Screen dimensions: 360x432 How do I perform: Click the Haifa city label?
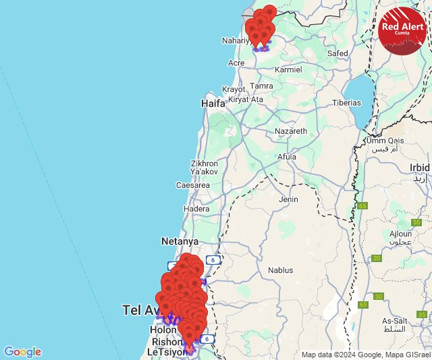(213, 104)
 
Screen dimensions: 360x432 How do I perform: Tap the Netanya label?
(180, 241)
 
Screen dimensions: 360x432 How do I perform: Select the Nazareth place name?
(291, 131)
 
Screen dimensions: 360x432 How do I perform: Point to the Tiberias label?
(346, 103)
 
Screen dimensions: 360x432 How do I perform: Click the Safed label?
(337, 53)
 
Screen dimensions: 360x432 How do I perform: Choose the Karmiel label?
(288, 70)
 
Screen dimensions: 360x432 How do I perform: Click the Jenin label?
(288, 199)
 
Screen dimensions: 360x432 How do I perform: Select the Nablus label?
(280, 270)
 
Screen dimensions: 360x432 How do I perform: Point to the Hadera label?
(196, 209)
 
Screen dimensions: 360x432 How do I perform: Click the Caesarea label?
(193, 185)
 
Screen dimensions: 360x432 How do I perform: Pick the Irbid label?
(418, 168)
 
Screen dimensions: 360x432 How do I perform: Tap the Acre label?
(236, 63)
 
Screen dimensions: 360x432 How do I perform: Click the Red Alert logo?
(402, 31)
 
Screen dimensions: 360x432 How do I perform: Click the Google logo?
(22, 352)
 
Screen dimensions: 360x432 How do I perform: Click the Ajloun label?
(400, 234)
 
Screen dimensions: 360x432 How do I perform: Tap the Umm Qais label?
(385, 140)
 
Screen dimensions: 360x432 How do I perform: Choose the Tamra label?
(261, 86)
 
